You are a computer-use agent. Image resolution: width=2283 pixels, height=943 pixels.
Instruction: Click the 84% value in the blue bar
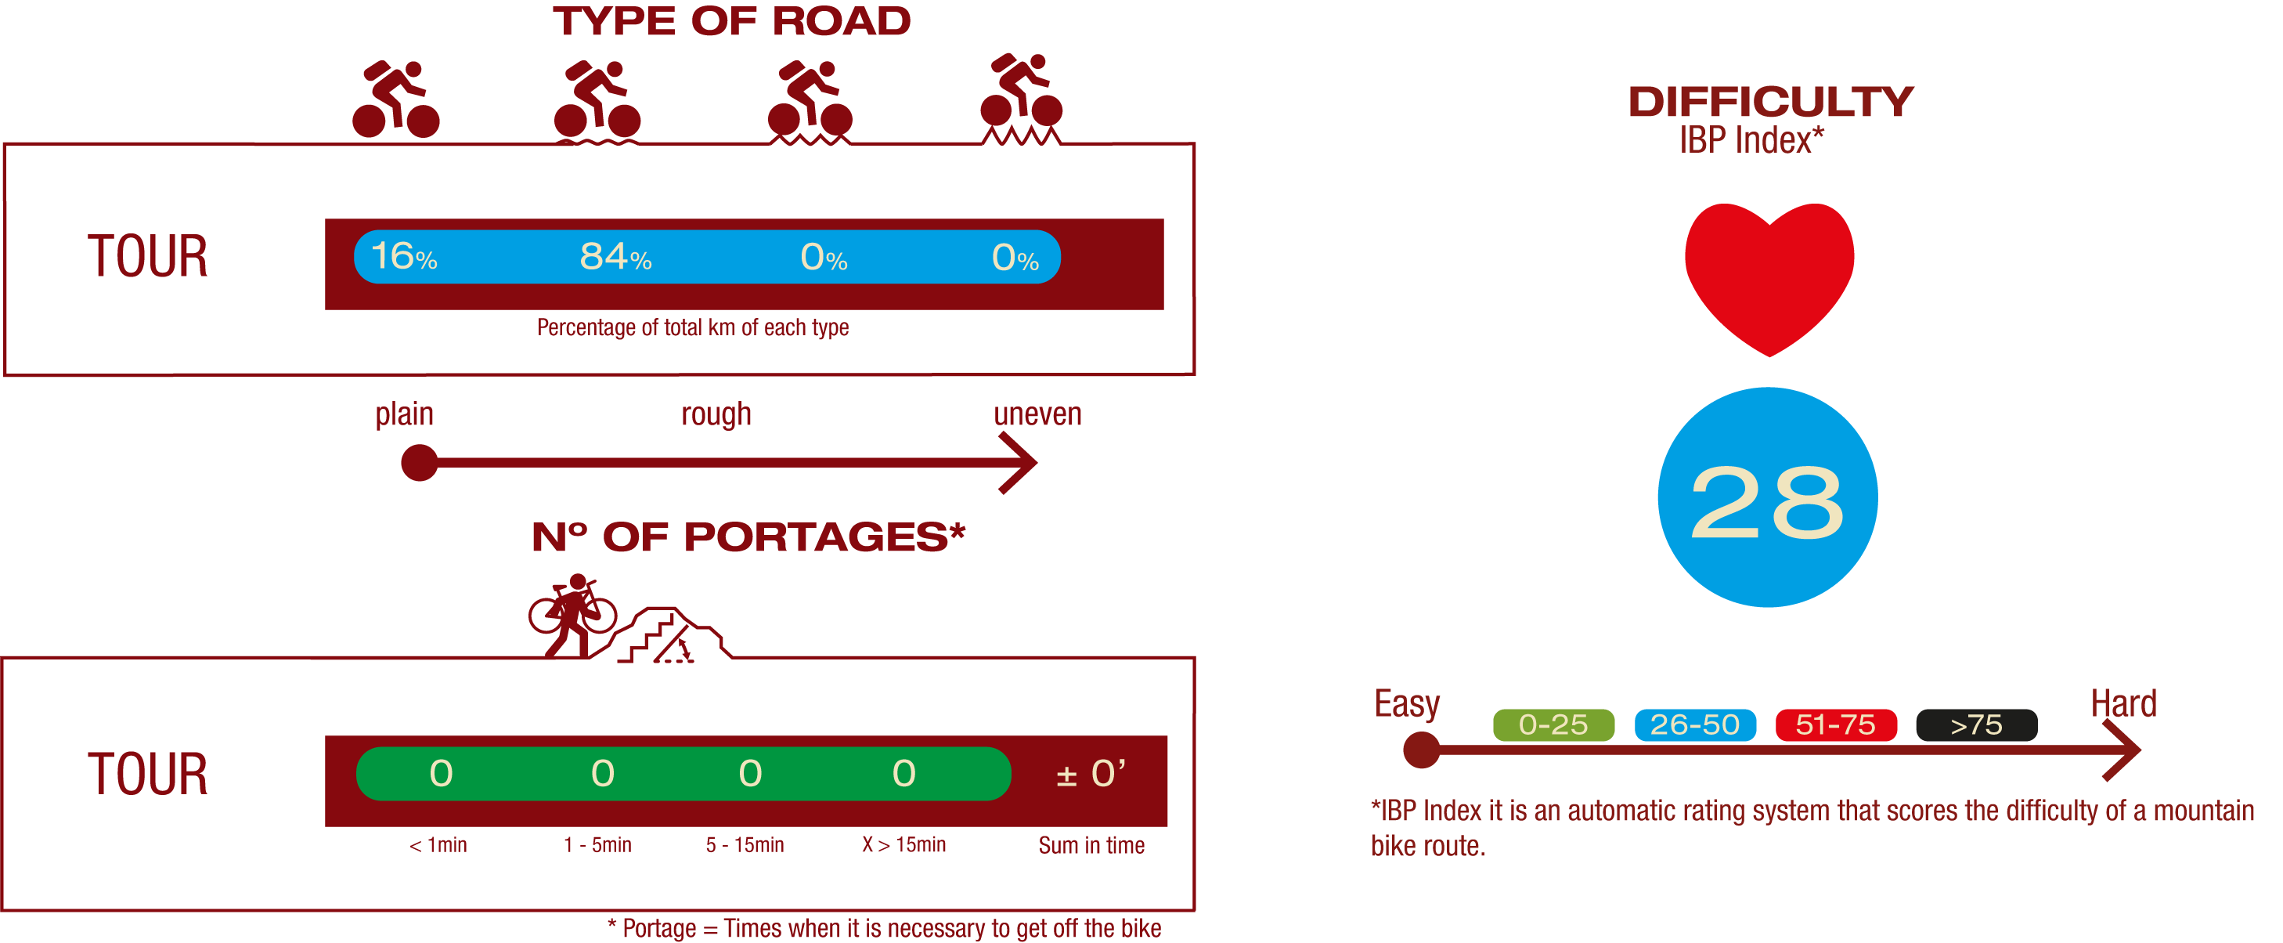pos(615,257)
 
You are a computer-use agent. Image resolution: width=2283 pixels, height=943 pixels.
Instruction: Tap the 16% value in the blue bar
pos(403,257)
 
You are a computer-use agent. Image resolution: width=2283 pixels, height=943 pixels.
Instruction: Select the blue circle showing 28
pos(1767,498)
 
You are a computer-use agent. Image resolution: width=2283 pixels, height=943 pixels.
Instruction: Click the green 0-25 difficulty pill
pos(1553,725)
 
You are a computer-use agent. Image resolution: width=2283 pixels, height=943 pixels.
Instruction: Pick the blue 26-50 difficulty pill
pos(1694,725)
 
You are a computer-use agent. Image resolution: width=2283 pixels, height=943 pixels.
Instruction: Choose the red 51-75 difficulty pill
pos(1835,725)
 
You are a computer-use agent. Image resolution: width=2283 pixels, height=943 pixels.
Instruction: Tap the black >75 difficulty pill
pos(1976,725)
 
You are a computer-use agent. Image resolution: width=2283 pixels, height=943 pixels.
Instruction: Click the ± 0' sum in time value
pos(1090,774)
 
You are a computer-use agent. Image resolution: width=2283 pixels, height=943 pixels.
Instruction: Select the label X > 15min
pos(904,844)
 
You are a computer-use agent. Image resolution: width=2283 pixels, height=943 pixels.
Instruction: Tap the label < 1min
pos(438,844)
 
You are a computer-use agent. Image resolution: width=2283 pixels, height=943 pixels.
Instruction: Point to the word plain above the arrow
pos(404,414)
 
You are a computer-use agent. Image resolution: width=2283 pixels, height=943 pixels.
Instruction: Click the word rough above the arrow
pos(716,414)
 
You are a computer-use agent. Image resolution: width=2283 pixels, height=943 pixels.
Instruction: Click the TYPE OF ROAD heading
pos(732,21)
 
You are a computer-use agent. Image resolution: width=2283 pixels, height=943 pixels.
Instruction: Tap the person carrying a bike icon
pos(572,616)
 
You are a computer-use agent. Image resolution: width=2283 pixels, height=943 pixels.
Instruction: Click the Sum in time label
pos(1091,844)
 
